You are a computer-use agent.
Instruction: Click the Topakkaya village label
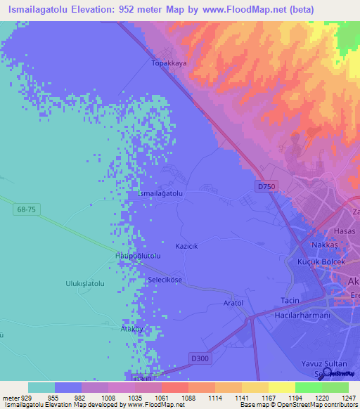tap(169, 63)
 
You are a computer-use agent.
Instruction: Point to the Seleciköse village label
tap(165, 279)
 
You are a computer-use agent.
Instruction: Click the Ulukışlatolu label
tap(85, 283)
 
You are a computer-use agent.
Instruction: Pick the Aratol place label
tap(233, 303)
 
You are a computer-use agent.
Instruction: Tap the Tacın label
tap(290, 300)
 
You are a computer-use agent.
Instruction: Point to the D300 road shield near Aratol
tap(200, 358)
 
